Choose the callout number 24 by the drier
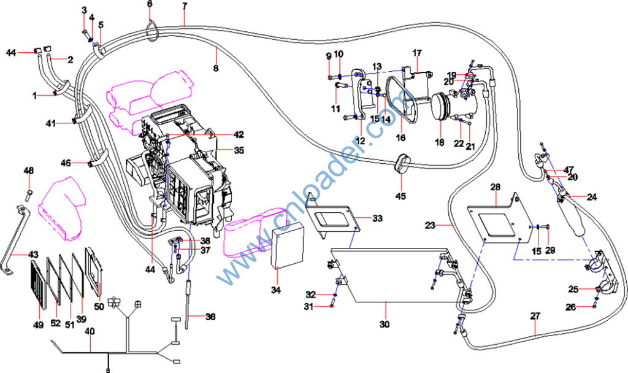pyautogui.click(x=591, y=197)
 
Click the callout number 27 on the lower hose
pyautogui.click(x=535, y=316)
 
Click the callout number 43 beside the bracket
pyautogui.click(x=33, y=254)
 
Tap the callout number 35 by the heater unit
pyautogui.click(x=239, y=149)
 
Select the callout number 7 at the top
pyautogui.click(x=185, y=6)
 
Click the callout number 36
pyautogui.click(x=210, y=317)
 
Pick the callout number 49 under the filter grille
pyautogui.click(x=39, y=325)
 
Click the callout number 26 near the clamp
pyautogui.click(x=571, y=307)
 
